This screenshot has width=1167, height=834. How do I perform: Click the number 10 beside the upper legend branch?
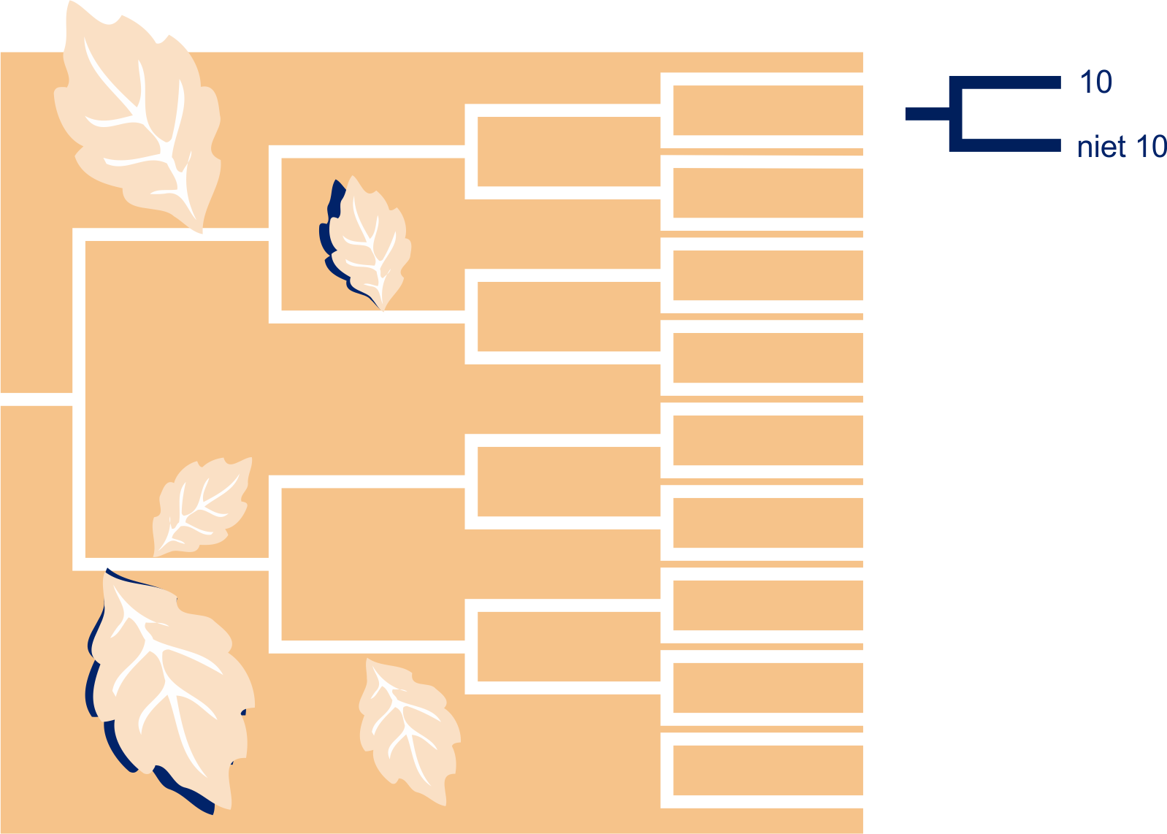[1095, 82]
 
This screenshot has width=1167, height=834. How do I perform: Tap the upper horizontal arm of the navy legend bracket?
[1005, 83]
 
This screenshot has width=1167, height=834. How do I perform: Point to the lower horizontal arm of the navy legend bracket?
[1005, 145]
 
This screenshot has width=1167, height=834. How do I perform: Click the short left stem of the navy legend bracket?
[927, 114]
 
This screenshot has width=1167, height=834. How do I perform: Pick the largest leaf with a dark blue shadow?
[170, 691]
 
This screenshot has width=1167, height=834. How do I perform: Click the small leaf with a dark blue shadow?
[364, 244]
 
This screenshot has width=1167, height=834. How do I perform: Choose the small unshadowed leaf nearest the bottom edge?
[410, 731]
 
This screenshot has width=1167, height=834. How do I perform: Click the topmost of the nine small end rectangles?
[768, 110]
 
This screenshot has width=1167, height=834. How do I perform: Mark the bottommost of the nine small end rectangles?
[768, 770]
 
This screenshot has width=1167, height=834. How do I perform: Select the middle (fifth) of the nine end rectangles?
[768, 440]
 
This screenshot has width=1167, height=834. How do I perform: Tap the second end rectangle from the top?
[768, 193]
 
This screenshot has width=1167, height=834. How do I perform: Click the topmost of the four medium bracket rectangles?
[569, 152]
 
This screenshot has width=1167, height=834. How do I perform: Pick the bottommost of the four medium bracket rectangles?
[569, 646]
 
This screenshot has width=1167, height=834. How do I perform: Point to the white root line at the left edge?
[37, 399]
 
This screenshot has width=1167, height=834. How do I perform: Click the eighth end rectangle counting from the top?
[768, 688]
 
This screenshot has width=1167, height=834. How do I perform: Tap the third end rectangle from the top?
[768, 275]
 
